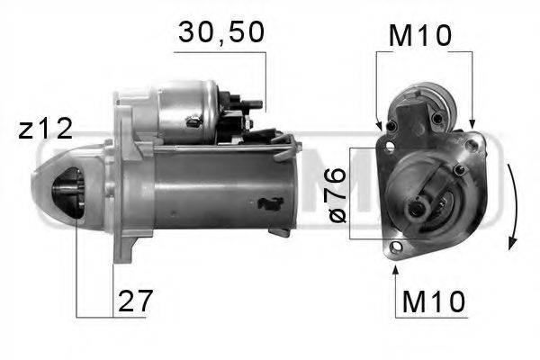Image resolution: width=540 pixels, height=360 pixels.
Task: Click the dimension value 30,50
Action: pos(220,34)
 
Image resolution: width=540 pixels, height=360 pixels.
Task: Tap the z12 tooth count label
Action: pos(45,129)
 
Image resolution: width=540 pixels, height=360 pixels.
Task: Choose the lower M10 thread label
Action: pos(433,301)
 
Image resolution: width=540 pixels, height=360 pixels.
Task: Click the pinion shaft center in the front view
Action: pos(418,209)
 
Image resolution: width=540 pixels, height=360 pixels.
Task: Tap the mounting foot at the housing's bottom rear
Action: pos(281,232)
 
